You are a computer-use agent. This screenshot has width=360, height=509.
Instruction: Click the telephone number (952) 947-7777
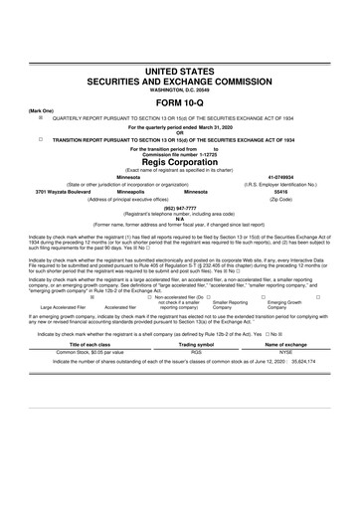(179, 209)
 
